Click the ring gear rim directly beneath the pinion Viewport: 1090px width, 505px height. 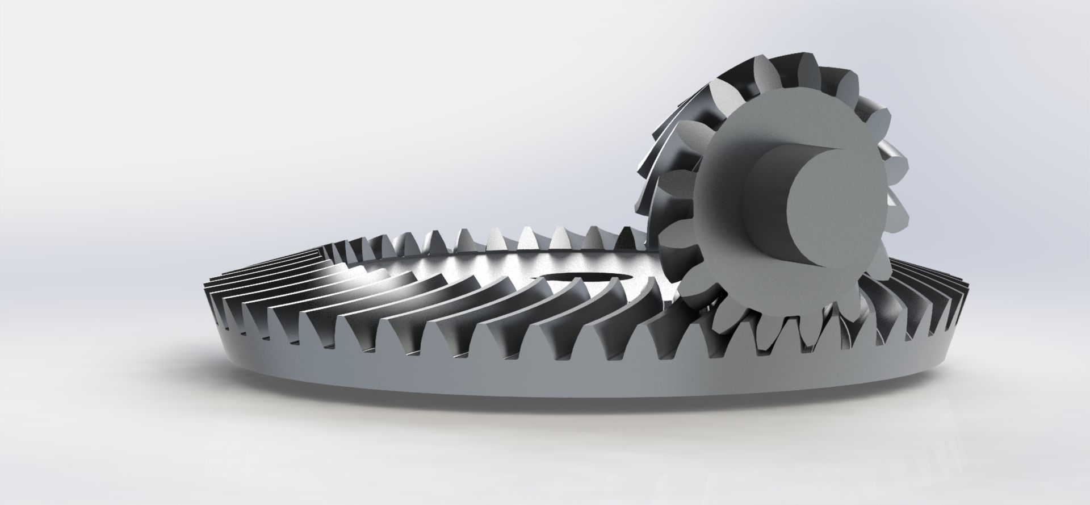coord(783,375)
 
